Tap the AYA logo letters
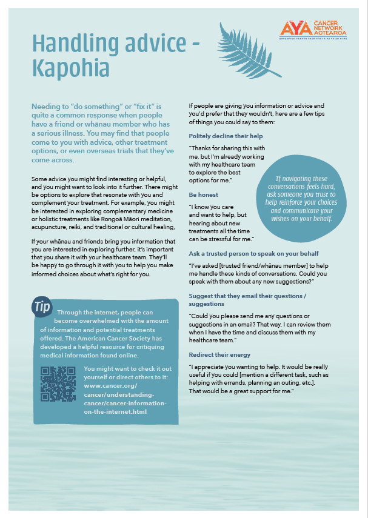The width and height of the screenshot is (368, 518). click(294, 28)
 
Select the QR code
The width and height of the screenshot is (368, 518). click(58, 384)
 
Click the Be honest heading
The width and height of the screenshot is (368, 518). click(204, 195)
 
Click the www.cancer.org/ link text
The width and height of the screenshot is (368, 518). click(110, 385)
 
